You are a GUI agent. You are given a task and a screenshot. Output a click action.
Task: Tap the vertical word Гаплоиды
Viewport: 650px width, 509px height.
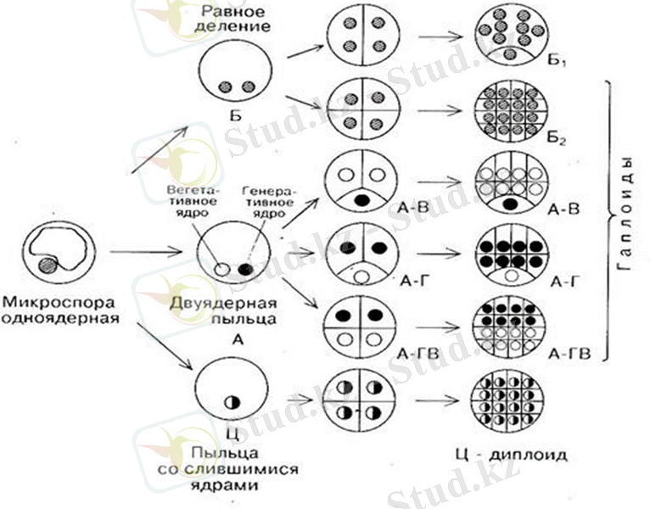tap(625, 219)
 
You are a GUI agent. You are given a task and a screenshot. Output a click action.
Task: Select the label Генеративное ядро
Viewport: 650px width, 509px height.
tap(266, 202)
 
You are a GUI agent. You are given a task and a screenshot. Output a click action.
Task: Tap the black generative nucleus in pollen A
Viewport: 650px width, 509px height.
tap(246, 269)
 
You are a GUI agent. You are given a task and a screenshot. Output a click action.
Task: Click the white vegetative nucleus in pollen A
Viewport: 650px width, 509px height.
tap(221, 269)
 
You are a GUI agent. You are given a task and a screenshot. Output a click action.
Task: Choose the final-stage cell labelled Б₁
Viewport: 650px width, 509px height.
tap(509, 36)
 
